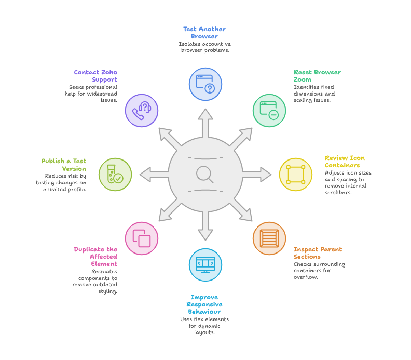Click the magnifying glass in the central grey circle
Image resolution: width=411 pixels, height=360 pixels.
(204, 174)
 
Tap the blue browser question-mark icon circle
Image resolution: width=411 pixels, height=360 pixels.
(205, 84)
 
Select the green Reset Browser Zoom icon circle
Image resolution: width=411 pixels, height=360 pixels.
(269, 111)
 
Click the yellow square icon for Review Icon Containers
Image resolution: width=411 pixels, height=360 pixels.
(296, 175)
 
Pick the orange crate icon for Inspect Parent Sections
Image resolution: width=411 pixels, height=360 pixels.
(269, 238)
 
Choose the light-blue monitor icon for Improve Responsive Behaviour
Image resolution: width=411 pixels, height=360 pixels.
(205, 265)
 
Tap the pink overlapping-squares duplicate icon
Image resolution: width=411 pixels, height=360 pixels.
(142, 238)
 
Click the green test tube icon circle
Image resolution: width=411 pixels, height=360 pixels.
(115, 175)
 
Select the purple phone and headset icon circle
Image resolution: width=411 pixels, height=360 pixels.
(142, 111)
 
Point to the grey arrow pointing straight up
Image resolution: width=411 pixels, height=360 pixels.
(205, 123)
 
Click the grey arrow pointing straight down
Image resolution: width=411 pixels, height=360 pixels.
(205, 225)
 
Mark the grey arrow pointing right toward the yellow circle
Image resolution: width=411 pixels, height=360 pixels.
(257, 175)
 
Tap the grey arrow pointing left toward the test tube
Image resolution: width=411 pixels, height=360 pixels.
(154, 175)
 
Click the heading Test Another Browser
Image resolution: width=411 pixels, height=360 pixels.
(204, 33)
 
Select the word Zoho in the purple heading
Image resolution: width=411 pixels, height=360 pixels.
(109, 72)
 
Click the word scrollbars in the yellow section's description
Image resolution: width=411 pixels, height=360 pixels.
(338, 193)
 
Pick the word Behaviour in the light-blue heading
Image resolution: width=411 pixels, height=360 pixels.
(204, 312)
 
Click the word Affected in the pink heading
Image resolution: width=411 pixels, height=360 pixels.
(104, 257)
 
